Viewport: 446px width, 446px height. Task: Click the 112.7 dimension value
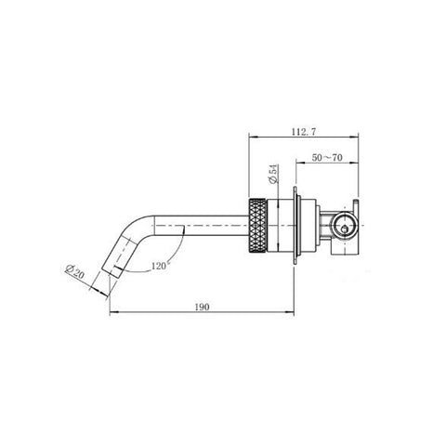coord(304,132)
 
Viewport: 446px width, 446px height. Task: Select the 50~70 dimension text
coord(327,158)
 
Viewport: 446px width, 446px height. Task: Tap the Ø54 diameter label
coord(273,175)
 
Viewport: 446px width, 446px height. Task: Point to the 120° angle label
coord(159,266)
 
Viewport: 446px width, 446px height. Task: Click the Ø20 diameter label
coord(74,271)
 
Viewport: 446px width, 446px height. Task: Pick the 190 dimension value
coord(202,307)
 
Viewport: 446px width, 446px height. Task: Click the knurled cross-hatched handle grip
coord(257,227)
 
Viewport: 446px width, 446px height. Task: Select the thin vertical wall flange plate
coord(295,226)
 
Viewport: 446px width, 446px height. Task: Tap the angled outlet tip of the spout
coord(111,270)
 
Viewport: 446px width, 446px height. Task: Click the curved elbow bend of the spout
coord(137,226)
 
